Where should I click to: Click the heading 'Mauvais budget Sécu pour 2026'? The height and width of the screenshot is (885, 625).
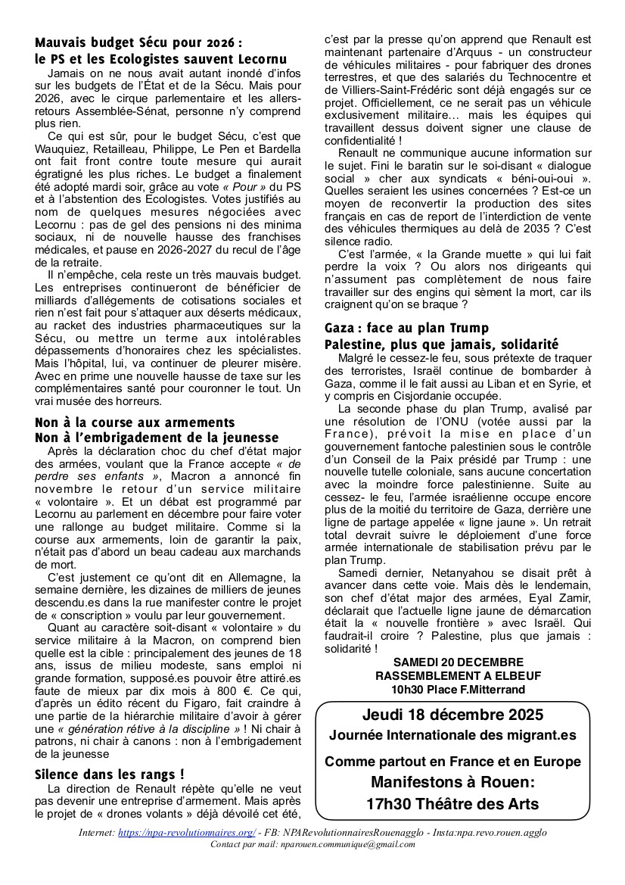[x=138, y=42]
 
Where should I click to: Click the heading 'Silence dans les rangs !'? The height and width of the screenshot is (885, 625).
[x=110, y=774]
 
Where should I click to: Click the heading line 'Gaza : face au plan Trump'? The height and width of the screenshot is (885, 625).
[x=406, y=328]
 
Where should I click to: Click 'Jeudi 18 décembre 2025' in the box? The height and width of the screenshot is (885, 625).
[x=452, y=714]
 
